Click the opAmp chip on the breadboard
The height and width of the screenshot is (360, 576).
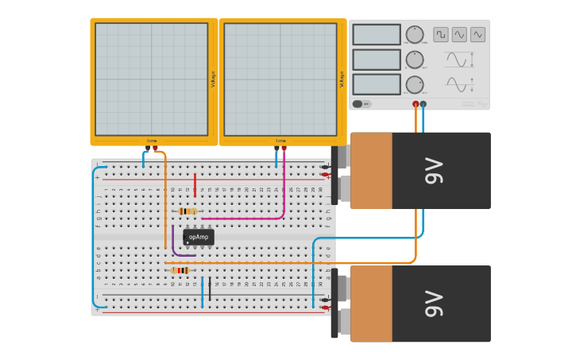[199, 237]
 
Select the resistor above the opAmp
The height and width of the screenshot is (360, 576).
[187, 211]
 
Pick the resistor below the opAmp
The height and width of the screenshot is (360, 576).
[181, 270]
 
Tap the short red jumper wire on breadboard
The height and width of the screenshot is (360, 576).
[195, 184]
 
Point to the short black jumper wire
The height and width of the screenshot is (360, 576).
[210, 288]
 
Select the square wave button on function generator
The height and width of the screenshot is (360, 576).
[440, 34]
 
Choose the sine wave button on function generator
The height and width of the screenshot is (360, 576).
[459, 34]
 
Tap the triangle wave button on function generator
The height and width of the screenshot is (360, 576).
[477, 34]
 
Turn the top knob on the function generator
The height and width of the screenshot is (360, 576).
[415, 34]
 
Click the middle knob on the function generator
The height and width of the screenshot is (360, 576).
[415, 60]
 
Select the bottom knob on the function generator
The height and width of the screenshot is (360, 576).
[415, 85]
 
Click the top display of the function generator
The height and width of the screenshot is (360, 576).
[377, 34]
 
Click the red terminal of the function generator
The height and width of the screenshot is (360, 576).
[416, 104]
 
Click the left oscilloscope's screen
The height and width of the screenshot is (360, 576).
[152, 79]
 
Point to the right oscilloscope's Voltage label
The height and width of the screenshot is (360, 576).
[342, 79]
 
